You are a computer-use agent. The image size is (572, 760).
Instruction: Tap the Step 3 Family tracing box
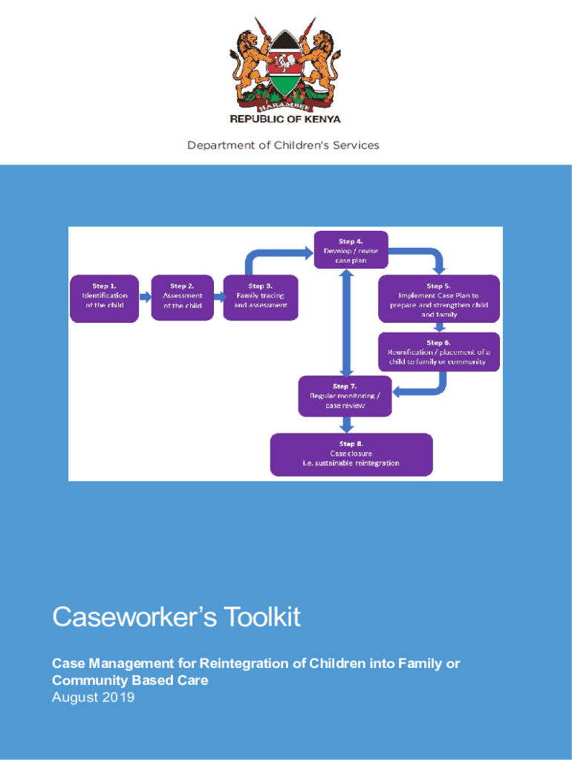tap(261, 298)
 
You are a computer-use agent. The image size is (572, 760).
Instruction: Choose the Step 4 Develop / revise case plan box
tap(351, 249)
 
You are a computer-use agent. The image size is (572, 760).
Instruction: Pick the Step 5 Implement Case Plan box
tap(439, 298)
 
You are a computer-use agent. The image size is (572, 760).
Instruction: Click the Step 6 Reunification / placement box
tap(438, 352)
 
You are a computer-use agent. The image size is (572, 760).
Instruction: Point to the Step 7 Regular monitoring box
tap(345, 396)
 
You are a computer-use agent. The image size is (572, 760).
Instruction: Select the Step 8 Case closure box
tap(351, 454)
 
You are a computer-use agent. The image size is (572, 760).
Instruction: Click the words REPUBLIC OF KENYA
tap(285, 119)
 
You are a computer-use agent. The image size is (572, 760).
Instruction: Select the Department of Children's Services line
tap(283, 145)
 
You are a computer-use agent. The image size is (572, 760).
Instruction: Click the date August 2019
tap(93, 697)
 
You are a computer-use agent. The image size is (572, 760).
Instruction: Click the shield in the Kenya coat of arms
tap(285, 67)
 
